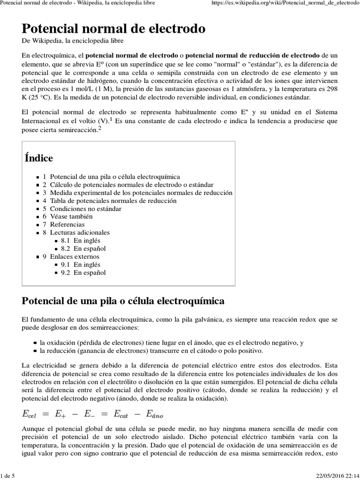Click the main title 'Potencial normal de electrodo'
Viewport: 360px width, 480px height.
113,29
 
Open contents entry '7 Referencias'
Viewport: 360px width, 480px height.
64,225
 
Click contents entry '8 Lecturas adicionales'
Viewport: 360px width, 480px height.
76,232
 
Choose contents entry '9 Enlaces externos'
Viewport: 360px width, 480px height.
71,256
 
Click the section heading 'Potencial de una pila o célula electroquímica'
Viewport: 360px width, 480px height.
123,300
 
